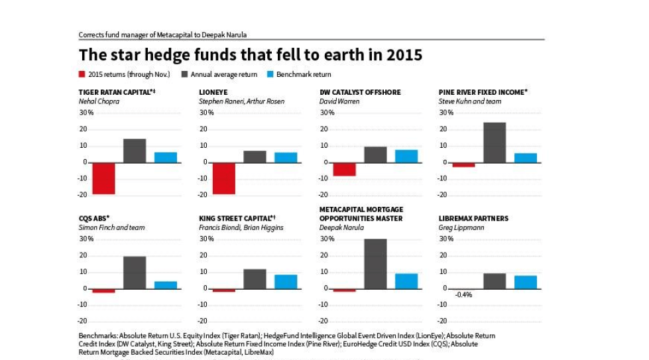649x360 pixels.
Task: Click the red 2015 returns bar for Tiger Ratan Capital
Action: click(103, 178)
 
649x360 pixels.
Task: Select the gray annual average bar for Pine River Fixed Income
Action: click(494, 143)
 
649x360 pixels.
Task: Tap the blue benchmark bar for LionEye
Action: click(286, 157)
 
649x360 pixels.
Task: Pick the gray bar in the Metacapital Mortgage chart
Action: click(375, 263)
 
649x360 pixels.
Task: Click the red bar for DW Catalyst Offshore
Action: click(344, 169)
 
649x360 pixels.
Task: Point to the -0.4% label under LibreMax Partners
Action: click(463, 295)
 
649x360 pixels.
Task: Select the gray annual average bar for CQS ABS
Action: click(135, 272)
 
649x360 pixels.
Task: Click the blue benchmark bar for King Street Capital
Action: click(286, 281)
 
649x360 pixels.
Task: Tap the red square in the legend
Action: click(82, 74)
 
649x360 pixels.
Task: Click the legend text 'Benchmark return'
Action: click(303, 74)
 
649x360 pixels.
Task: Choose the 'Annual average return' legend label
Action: click(223, 74)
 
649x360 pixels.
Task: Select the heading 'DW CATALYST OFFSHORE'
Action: click(360, 92)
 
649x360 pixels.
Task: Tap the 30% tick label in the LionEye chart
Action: click(206, 113)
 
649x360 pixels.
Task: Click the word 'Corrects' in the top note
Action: click(91, 34)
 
